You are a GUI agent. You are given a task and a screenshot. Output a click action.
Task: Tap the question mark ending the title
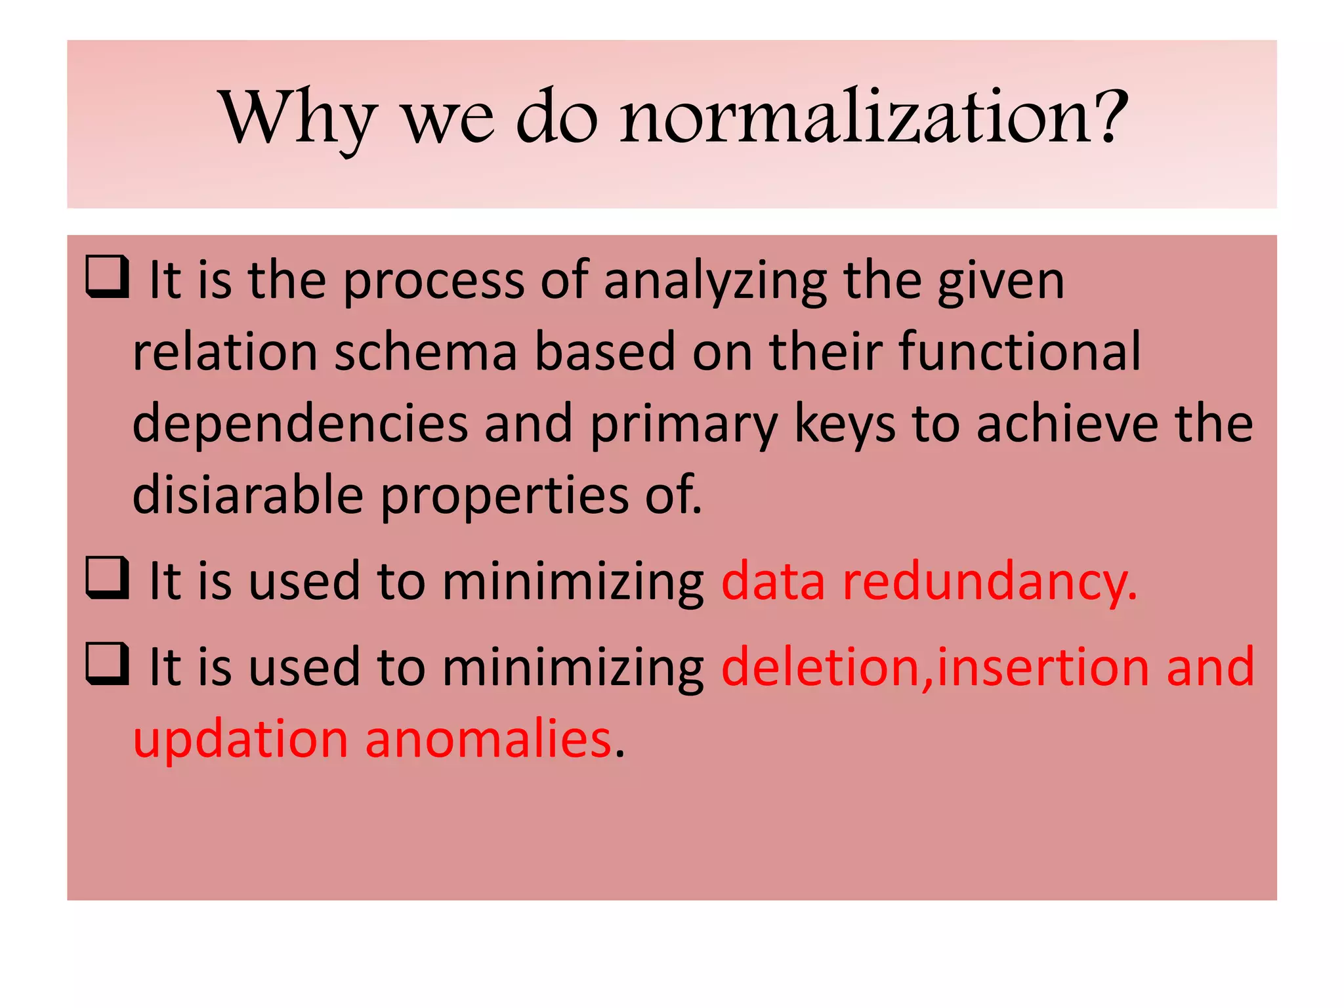[x=1108, y=117]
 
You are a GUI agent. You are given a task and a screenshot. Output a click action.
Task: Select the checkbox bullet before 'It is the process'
[x=107, y=277]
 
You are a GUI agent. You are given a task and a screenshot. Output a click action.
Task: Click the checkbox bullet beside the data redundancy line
[x=107, y=578]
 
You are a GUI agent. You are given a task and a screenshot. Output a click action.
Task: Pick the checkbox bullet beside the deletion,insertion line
[x=107, y=664]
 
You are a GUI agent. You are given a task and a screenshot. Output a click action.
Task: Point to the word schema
[x=426, y=352]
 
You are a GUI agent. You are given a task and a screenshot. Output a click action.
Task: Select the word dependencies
[x=300, y=425]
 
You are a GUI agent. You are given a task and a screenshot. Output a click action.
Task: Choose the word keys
[x=845, y=425]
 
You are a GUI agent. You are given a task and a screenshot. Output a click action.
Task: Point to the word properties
[x=505, y=497]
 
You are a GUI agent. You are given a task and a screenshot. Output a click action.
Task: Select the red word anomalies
[x=488, y=740]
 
